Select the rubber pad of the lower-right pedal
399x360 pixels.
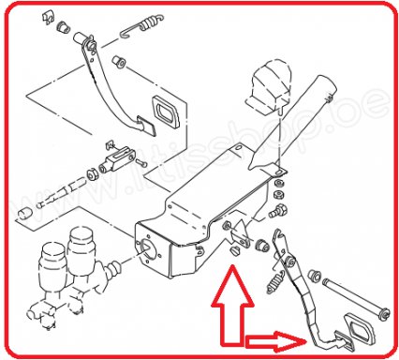357,327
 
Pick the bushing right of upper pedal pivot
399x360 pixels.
120,64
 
